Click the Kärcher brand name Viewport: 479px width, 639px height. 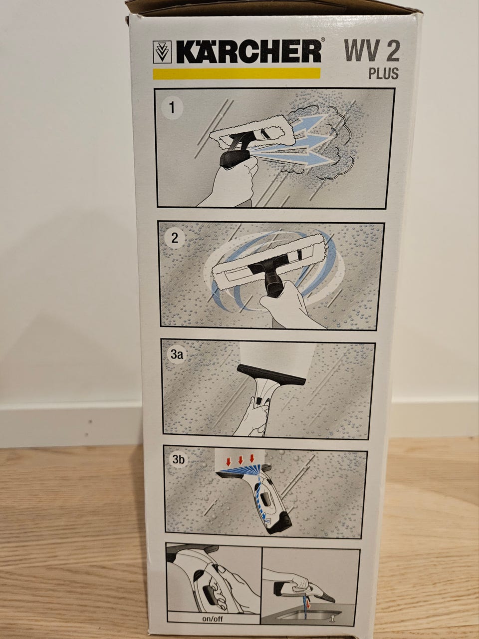248,52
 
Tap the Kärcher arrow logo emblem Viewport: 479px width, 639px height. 162,52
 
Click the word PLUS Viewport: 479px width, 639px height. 383,73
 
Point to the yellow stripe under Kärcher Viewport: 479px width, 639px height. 237,74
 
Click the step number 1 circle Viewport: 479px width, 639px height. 172,108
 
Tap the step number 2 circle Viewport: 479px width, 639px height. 175,238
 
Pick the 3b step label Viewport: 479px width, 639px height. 179,459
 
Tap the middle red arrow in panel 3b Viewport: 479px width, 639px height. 240,461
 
